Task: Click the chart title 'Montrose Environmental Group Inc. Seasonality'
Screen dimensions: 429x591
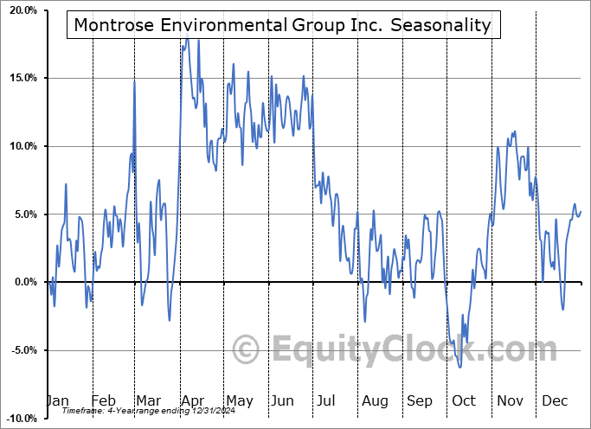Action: [282, 25]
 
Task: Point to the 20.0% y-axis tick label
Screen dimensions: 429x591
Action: [18, 10]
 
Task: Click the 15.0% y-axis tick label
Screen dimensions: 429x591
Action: [18, 78]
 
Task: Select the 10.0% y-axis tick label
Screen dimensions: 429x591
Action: [18, 146]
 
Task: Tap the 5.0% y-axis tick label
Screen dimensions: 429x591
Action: [21, 214]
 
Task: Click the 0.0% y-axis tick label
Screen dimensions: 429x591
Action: [21, 282]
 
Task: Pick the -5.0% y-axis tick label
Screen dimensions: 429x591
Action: [20, 350]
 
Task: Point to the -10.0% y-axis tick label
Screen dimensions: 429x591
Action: [18, 418]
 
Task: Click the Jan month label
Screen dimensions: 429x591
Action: [57, 400]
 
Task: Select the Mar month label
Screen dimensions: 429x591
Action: [149, 400]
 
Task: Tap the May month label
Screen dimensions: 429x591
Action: [239, 400]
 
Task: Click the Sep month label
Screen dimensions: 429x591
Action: [420, 400]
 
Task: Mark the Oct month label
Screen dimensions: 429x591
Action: [464, 400]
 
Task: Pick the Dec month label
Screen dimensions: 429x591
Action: [554, 400]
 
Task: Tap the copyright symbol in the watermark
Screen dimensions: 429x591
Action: [247, 349]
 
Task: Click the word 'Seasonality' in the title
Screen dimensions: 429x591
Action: [441, 25]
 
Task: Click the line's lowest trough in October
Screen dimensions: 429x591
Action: [460, 367]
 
